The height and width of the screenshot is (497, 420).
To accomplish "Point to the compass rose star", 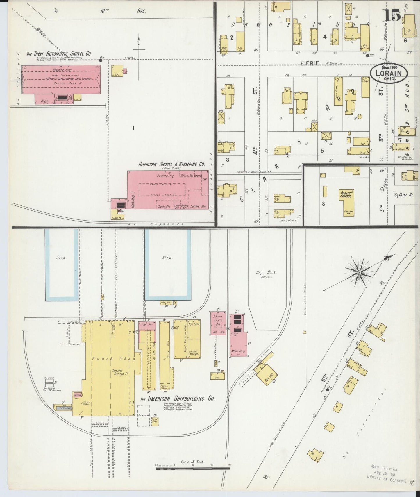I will coord(359,272).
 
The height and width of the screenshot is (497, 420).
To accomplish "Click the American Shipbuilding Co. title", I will coord(178,399).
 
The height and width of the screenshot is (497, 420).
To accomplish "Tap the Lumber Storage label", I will coord(193,352).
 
